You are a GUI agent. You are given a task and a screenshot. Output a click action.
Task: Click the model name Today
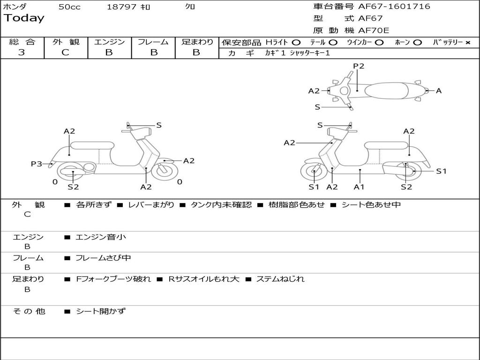tap(24, 18)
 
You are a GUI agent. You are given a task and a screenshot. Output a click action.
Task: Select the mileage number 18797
tap(121, 7)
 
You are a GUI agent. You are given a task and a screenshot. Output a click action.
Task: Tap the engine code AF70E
tap(374, 30)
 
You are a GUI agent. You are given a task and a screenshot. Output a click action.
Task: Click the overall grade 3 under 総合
tap(22, 52)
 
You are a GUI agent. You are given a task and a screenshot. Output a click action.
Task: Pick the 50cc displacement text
tap(69, 7)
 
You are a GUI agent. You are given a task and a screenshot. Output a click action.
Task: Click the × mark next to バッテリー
tap(467, 42)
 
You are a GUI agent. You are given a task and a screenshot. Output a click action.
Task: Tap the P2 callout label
tap(359, 66)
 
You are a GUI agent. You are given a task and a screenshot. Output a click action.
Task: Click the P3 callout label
tap(37, 164)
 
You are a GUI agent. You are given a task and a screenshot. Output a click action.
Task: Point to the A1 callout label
tap(359, 187)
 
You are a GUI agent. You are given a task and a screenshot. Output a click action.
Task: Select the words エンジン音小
tap(101, 237)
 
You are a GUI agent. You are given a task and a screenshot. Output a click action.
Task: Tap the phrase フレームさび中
tap(103, 258)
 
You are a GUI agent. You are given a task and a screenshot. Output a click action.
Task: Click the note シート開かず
tap(101, 311)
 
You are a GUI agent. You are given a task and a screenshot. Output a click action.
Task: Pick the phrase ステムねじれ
tap(280, 279)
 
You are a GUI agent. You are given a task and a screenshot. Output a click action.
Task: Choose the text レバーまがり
tap(151, 205)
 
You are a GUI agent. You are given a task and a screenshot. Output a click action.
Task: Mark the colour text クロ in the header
tap(190, 7)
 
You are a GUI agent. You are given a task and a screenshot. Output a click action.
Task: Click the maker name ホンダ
tap(15, 7)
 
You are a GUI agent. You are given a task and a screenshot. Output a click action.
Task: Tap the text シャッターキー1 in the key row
tap(309, 53)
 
